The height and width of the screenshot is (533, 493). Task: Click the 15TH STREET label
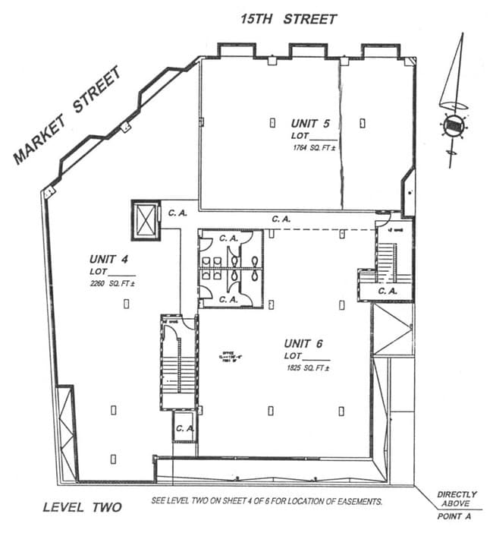click(x=288, y=19)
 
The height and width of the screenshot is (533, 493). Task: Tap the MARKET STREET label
click(x=68, y=115)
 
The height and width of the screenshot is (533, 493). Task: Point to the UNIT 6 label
click(x=308, y=342)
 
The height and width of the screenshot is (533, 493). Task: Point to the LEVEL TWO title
click(x=82, y=506)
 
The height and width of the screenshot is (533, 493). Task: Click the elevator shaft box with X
click(x=146, y=220)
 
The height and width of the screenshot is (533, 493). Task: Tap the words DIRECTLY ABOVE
click(x=457, y=499)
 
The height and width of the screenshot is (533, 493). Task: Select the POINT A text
click(x=455, y=516)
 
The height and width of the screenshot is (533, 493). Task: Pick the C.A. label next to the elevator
click(x=177, y=213)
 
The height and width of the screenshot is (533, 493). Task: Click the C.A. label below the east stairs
click(x=387, y=290)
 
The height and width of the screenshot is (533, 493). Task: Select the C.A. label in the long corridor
click(x=281, y=219)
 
